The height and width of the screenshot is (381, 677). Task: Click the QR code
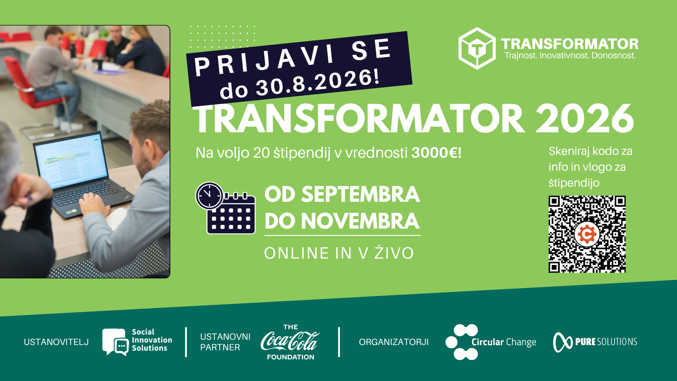coord(587,234)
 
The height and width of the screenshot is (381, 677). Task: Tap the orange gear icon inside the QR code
coord(587,234)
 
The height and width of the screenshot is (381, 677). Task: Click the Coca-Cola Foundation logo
coord(290,342)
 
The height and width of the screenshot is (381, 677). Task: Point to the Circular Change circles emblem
coord(462,342)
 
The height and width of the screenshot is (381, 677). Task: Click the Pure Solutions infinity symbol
coord(563,342)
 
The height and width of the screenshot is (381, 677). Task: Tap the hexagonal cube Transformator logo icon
coord(477,48)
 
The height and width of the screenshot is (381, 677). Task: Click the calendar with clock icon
coord(226,208)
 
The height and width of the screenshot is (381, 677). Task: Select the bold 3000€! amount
coord(437,153)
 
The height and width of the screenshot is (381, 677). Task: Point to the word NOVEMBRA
coord(360,221)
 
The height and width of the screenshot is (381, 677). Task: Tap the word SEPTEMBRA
coord(361,194)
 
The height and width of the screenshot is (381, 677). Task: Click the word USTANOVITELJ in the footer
coord(56,342)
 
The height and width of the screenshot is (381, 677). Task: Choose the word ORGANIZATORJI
coord(394,342)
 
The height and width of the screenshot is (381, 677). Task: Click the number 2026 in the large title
coord(585,119)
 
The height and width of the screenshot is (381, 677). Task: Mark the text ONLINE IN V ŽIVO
coord(339,253)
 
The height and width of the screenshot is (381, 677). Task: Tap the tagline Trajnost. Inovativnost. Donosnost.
coord(570,55)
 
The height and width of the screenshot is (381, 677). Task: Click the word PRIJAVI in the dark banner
coord(264,60)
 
